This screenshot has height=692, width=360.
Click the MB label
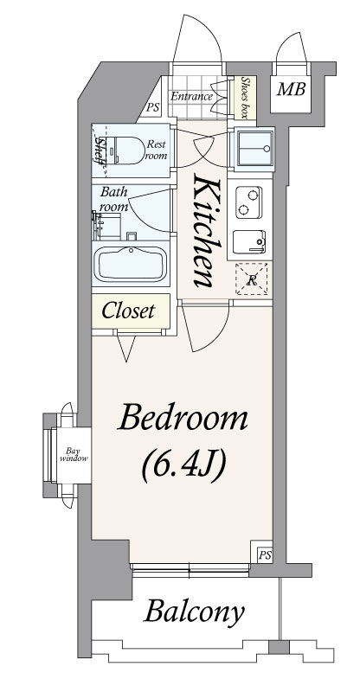291,90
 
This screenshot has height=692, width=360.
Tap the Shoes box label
245,98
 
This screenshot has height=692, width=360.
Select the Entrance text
192,96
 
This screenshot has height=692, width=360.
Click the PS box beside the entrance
153,107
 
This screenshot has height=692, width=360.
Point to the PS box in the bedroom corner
265,555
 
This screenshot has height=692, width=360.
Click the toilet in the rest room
125,150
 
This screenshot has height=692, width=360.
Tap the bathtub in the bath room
131,264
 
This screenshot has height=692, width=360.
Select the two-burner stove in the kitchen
248,202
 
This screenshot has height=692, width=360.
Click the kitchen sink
249,242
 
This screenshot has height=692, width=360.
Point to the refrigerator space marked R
251,279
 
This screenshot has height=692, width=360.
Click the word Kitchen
205,231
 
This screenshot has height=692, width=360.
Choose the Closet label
128,311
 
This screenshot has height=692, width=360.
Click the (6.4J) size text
183,465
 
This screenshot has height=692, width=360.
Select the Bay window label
74,454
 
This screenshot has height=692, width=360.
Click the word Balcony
194,612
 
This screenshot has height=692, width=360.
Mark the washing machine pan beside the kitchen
254,148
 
